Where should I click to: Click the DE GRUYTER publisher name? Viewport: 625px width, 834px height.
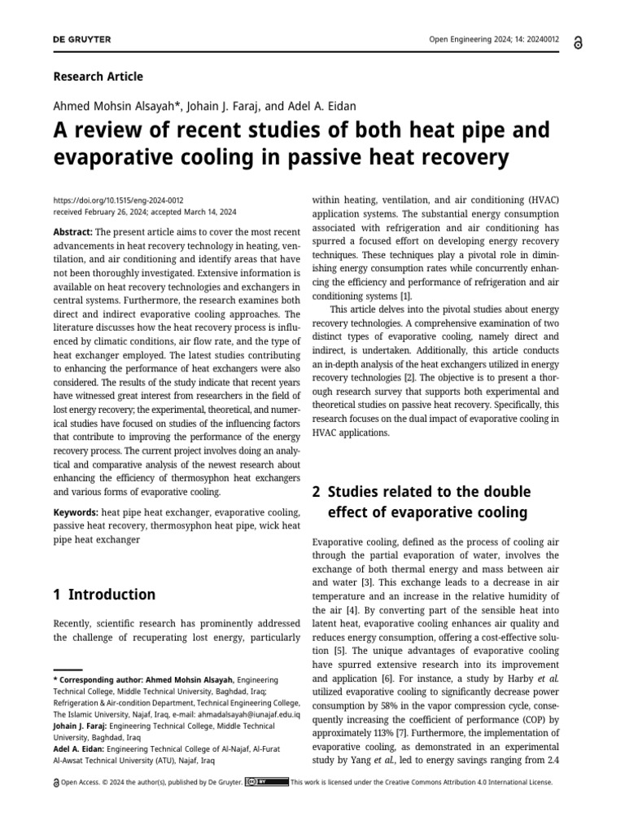(82, 40)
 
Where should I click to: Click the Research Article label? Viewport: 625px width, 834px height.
(98, 77)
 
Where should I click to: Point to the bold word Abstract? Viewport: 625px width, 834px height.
(73, 231)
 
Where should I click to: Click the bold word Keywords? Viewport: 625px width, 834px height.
(76, 511)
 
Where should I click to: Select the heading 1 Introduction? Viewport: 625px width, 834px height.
(104, 595)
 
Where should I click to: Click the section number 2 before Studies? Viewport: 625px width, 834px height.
(317, 492)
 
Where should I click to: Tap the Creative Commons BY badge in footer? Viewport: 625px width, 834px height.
(267, 782)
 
